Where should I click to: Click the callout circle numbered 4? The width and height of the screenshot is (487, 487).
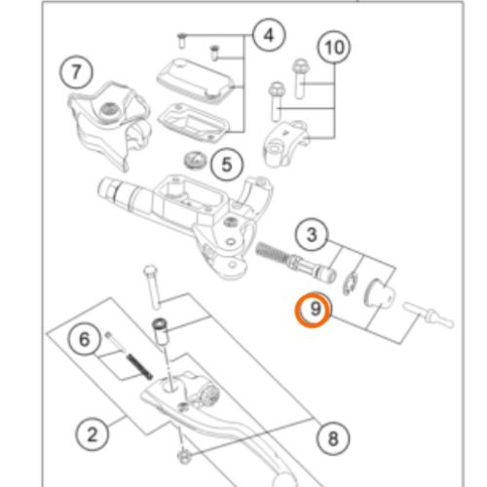(269, 35)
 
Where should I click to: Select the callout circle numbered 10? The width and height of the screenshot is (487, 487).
(334, 48)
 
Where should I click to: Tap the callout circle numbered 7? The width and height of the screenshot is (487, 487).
(76, 71)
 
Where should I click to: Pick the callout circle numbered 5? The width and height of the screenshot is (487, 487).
(227, 165)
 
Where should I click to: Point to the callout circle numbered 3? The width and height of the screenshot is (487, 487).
(312, 234)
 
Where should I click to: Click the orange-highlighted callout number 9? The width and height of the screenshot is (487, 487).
(314, 310)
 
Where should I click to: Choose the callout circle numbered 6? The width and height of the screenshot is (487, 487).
(85, 339)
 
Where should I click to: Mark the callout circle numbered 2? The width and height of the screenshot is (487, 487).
(93, 434)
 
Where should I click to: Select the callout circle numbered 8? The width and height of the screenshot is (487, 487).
(333, 438)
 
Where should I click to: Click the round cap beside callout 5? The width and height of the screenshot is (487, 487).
(195, 160)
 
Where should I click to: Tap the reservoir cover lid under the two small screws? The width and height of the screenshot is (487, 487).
(196, 78)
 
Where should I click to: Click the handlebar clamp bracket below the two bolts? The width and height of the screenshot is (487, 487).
(285, 143)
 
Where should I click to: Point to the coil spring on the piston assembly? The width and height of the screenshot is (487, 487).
(272, 252)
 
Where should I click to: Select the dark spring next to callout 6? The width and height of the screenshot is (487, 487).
(139, 367)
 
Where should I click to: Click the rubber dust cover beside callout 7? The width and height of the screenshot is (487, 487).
(109, 125)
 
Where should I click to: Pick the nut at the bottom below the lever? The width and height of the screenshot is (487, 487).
(183, 458)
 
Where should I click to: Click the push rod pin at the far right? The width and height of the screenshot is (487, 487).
(428, 315)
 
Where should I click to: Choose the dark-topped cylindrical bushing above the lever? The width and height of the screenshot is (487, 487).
(161, 333)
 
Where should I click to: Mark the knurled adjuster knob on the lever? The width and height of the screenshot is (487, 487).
(210, 393)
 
